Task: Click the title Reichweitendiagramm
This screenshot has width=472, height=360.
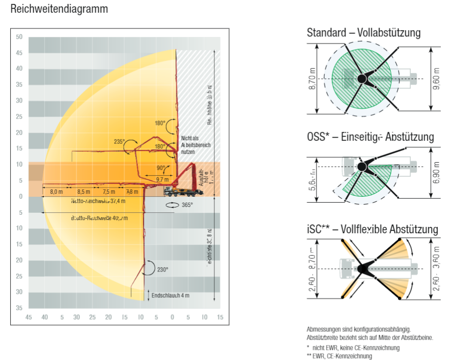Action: [x=59, y=9]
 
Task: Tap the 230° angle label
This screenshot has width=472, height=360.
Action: [x=162, y=269]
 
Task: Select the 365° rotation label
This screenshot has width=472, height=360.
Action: [x=187, y=205]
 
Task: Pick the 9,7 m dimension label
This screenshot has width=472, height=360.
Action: [x=162, y=180]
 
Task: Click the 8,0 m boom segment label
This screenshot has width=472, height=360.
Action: [x=56, y=191]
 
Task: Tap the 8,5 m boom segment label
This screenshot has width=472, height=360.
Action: [x=84, y=191]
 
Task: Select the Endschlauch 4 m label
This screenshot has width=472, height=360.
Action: [x=170, y=295]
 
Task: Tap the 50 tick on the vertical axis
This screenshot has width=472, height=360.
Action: [x=19, y=37]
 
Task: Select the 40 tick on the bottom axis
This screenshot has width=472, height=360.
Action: [x=45, y=317]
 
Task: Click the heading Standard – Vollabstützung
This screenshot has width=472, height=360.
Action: [x=364, y=33]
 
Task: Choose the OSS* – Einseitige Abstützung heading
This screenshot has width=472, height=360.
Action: [x=370, y=137]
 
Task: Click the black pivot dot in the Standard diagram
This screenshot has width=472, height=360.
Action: [x=362, y=78]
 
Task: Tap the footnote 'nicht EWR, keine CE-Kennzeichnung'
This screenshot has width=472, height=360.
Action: [x=356, y=347]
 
